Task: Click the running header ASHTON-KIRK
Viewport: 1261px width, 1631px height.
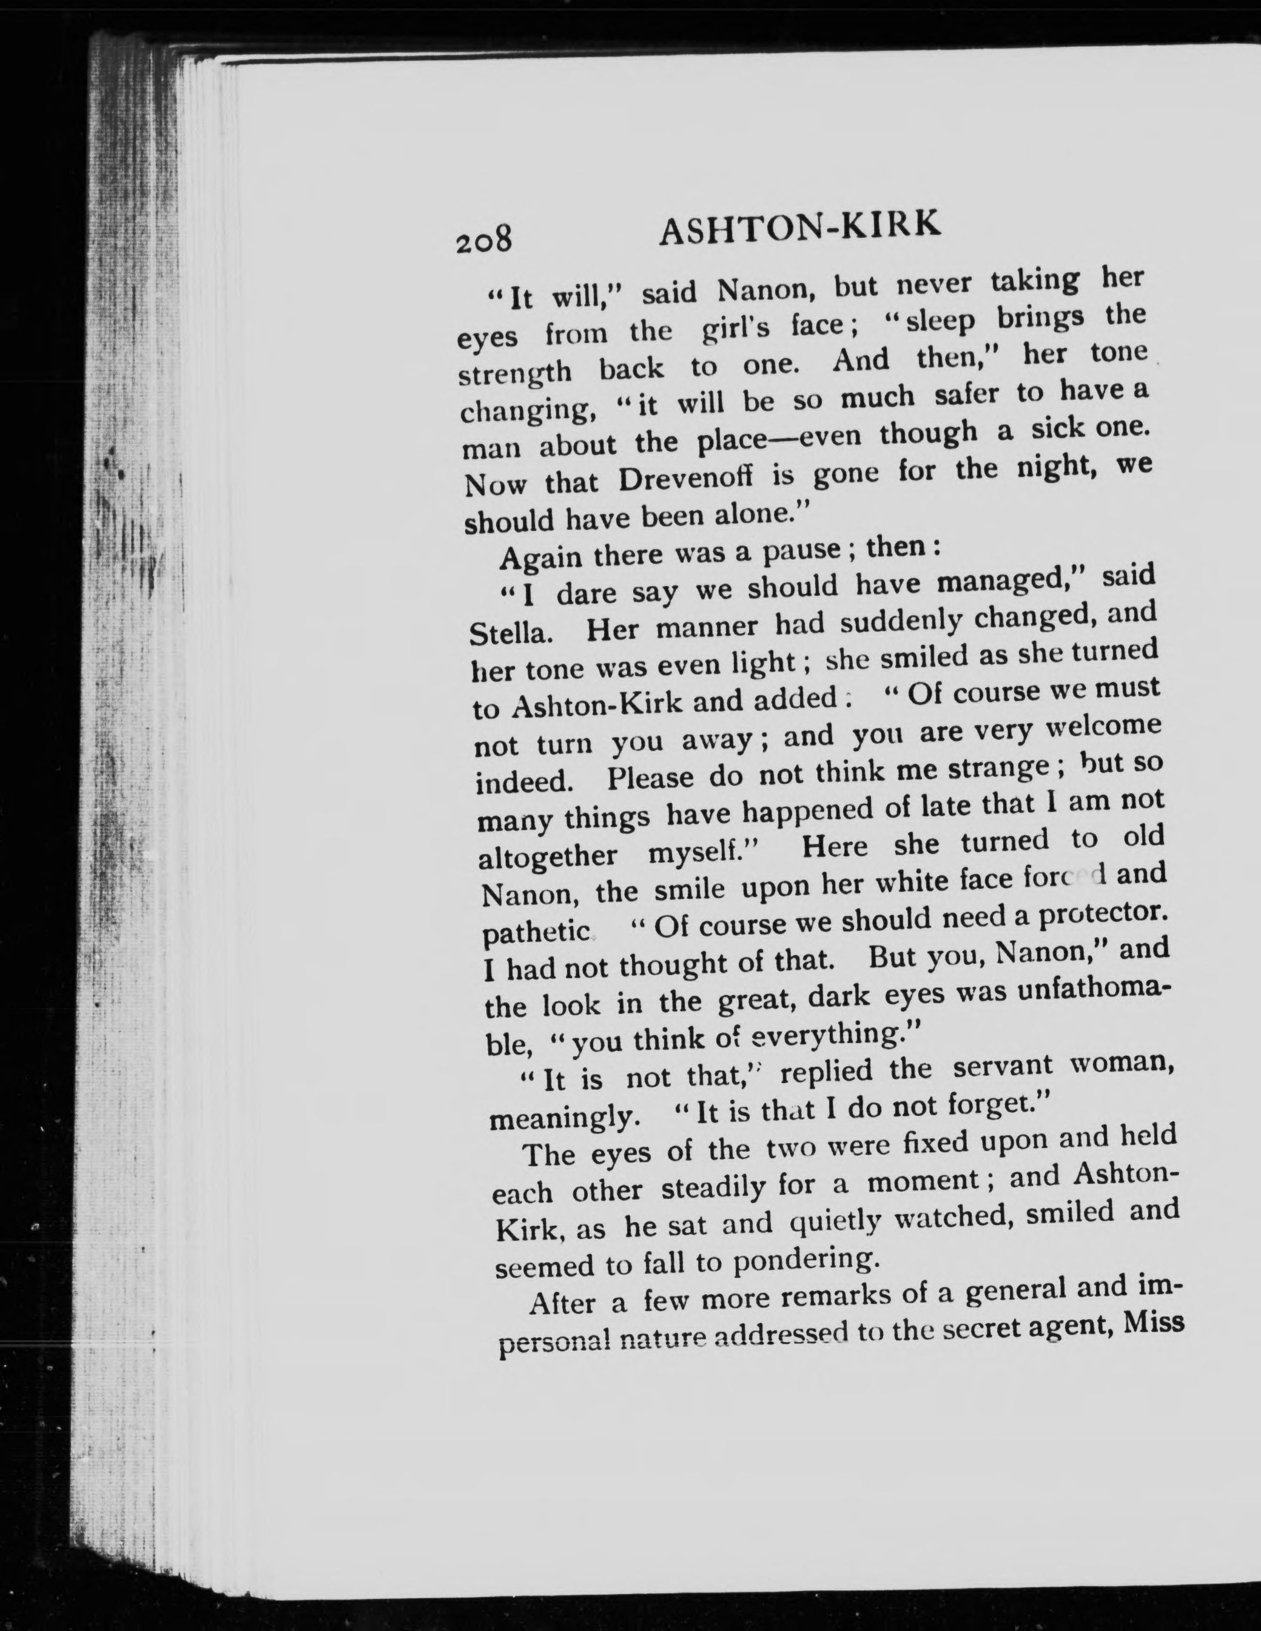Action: point(798,228)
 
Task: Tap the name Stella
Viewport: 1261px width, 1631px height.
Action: point(511,633)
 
